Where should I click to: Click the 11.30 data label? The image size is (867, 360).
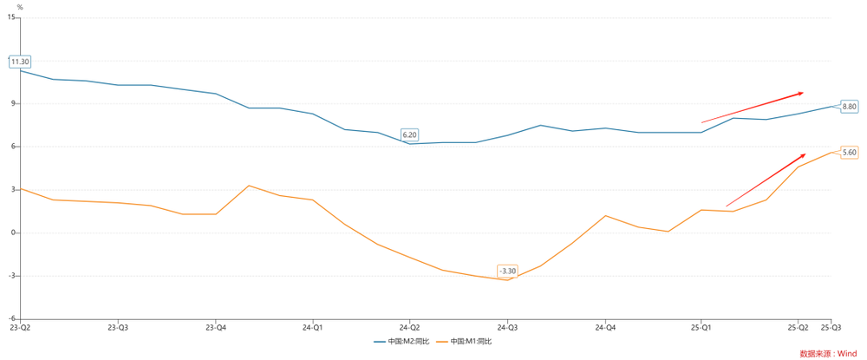pos(20,62)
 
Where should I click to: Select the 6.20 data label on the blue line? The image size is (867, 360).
pos(410,134)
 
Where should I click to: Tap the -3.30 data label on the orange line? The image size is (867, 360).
pos(508,272)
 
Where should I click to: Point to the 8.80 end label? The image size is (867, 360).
pos(849,106)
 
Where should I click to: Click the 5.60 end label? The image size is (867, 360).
pos(849,152)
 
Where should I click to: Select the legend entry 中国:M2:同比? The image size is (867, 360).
pos(401,341)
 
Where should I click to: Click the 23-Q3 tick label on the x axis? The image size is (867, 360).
pos(118,328)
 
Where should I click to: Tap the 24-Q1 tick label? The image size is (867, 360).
pos(313,328)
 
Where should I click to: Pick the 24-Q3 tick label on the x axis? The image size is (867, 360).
pos(508,328)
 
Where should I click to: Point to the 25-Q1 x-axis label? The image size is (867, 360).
pos(702,328)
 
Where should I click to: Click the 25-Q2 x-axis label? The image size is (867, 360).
pos(799,328)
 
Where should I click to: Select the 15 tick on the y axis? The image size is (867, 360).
pos(12,17)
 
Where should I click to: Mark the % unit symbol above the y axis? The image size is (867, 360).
pos(20,7)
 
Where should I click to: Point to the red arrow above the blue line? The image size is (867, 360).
pos(753,107)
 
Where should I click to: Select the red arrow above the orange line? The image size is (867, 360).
pos(766,180)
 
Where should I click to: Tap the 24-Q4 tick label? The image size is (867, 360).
pos(605,328)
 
